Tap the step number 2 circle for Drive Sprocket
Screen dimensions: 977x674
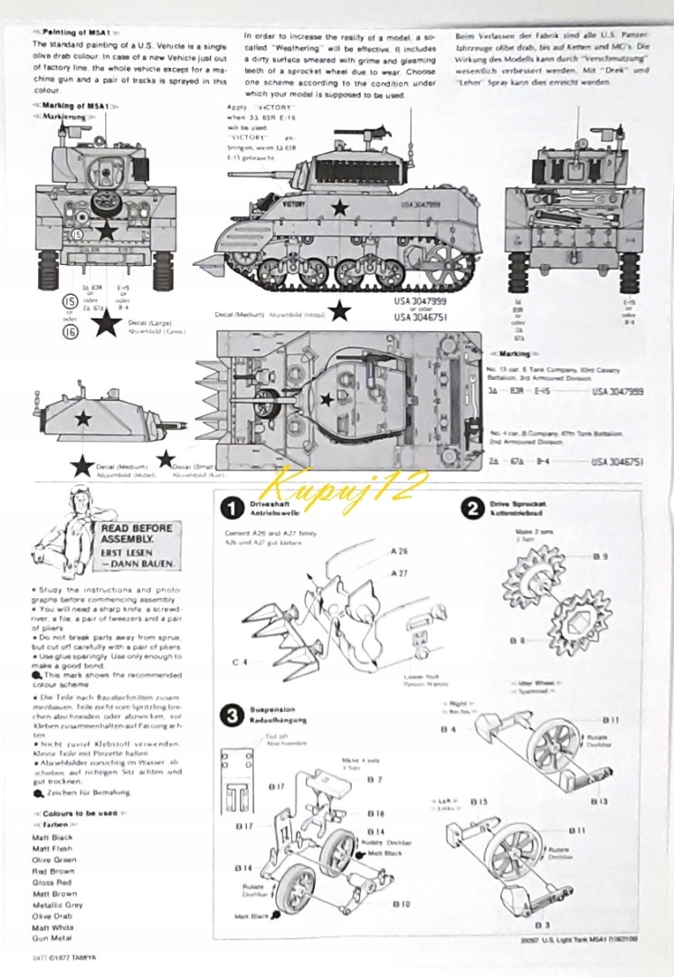(471, 508)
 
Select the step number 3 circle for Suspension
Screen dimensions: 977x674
(233, 716)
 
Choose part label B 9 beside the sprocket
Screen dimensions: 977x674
(600, 557)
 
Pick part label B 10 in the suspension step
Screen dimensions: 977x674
(402, 904)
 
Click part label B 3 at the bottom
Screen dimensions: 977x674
(542, 925)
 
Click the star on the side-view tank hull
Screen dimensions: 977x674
(339, 208)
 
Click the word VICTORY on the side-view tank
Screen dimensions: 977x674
(269, 204)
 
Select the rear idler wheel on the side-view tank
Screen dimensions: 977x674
(450, 264)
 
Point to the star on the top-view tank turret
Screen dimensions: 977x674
(326, 397)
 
